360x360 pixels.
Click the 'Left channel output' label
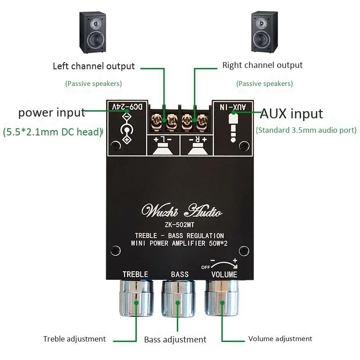pyautogui.click(x=94, y=66)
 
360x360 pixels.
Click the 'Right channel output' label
pyautogui.click(x=262, y=65)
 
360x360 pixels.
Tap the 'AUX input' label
pyautogui.click(x=291, y=113)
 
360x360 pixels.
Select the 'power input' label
pyautogui.click(x=51, y=112)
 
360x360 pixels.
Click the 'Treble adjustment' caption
pyautogui.click(x=74, y=339)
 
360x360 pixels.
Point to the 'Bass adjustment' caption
pyautogui.click(x=175, y=340)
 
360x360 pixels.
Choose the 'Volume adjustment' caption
pyautogui.click(x=280, y=339)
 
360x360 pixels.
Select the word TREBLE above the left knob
pyautogui.click(x=135, y=274)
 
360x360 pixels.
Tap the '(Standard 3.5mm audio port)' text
pyautogui.click(x=306, y=130)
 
